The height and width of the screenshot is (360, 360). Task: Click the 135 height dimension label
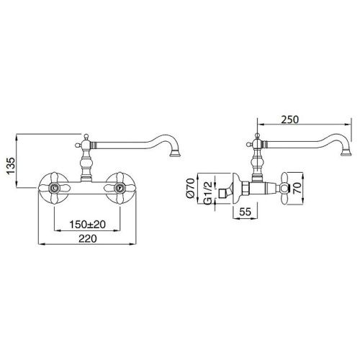tap(11, 166)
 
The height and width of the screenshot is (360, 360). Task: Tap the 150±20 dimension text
tap(87, 225)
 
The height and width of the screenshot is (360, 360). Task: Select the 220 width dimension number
tap(88, 238)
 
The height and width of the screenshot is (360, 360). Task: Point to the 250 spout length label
tap(290, 120)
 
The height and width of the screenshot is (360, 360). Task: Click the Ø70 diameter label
tap(190, 188)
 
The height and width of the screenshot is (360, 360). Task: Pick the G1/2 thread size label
tap(208, 193)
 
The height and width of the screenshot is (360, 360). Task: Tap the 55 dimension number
tap(245, 212)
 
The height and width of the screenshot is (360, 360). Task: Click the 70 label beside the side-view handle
tap(297, 188)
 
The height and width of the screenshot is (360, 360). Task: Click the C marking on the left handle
tap(55, 188)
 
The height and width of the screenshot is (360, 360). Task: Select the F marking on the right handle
tap(119, 188)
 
